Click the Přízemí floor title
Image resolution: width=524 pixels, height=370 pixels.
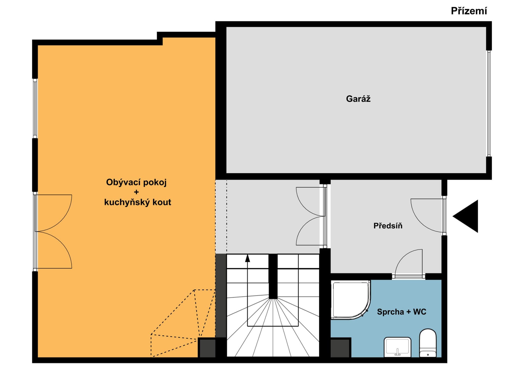tap(469, 11)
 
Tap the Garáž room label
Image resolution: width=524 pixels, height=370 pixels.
tap(358, 99)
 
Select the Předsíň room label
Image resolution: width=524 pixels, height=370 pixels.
tap(388, 226)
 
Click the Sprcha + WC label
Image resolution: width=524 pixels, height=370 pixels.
tap(401, 312)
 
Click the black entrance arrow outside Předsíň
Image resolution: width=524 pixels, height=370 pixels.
tap(465, 216)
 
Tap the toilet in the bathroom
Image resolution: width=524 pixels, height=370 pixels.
tap(428, 343)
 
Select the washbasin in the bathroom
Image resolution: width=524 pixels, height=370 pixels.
tap(397, 347)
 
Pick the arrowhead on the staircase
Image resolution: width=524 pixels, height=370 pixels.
tap(248, 258)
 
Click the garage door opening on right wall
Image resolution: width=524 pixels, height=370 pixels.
tap(489, 104)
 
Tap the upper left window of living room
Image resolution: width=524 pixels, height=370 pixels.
tap(35, 108)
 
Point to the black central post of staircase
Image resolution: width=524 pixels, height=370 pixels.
tap(273, 276)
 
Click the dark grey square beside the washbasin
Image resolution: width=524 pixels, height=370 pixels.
tap(340, 348)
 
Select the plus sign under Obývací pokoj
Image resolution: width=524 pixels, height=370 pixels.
tap(136, 192)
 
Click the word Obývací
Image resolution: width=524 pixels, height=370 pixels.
tap(123, 182)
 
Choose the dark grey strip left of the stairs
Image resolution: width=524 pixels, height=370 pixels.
tap(221, 296)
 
